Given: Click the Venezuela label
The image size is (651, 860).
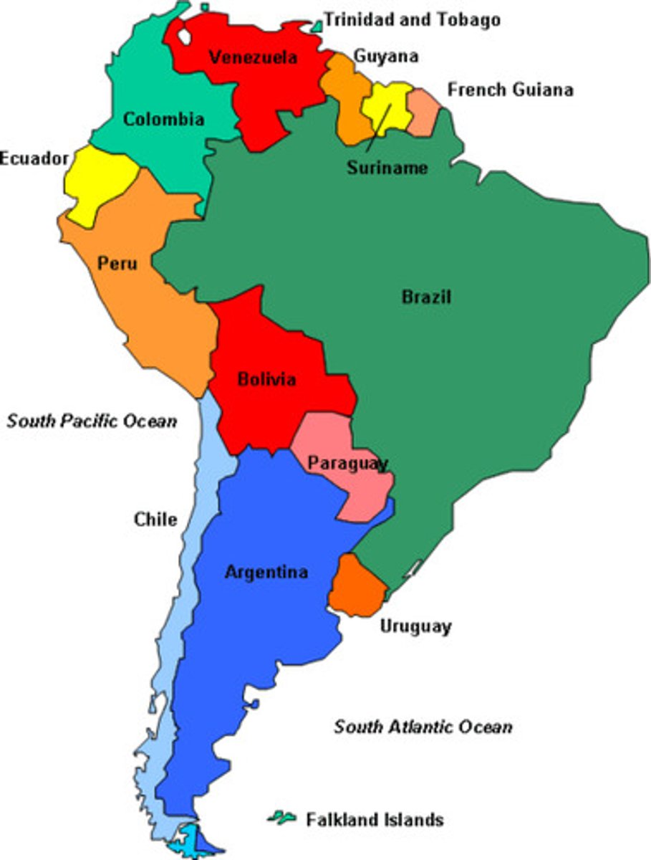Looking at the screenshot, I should (x=253, y=57).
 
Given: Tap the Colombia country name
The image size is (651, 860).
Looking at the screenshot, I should (x=164, y=119).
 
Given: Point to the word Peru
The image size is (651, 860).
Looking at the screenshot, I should (x=117, y=263).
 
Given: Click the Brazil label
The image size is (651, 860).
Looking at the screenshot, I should (x=426, y=296).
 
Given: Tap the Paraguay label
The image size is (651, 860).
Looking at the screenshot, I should (x=348, y=463).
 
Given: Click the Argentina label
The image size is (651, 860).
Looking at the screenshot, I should (x=266, y=572).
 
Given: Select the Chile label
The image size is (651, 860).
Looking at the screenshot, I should (x=155, y=518).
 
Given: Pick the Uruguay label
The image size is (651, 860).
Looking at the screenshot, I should (x=415, y=626).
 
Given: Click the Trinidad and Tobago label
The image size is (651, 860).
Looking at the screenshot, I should (x=412, y=19).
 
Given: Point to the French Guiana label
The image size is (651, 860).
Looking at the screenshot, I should (x=510, y=90).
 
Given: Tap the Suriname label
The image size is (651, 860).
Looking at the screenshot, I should (x=387, y=168).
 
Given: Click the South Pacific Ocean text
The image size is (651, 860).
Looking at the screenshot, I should (x=92, y=420).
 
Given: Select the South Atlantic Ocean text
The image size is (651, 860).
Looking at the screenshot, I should (x=423, y=727).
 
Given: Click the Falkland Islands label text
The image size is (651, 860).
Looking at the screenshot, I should (x=375, y=819).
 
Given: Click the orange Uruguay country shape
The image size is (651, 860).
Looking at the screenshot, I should (x=356, y=586).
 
